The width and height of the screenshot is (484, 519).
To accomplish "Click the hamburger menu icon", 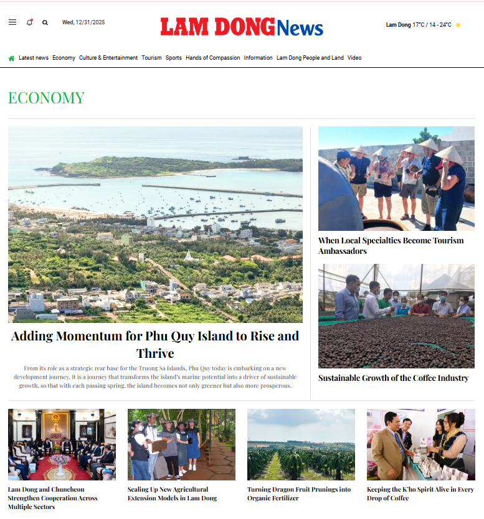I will coord(12,22).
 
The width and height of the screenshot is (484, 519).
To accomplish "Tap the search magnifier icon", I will coord(45,22).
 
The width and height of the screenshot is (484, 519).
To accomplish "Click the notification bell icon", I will coord(29,22).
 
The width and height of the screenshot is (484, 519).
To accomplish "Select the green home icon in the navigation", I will coord(11,58).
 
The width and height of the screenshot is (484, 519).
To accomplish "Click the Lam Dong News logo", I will coord(242,26).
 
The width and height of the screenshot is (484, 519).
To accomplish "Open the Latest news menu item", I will coord(34,58).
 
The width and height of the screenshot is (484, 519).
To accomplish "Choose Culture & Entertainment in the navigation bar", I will coord(108,58).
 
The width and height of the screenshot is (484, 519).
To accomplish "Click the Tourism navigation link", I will coord(151,58).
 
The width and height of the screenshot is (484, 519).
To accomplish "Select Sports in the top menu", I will coord(174,58).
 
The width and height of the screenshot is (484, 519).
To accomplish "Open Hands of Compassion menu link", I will coord(212,58).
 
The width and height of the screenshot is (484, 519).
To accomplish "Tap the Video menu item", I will coord(354,58).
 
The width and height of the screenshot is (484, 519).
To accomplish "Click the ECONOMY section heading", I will coord(46,98).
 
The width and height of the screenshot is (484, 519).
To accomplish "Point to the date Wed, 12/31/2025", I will coord(83,22).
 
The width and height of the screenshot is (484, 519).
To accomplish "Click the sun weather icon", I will coord(458,26).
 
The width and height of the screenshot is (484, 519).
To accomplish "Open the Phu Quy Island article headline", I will coord(155,344).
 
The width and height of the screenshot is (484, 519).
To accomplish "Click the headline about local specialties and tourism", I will coord(391,246).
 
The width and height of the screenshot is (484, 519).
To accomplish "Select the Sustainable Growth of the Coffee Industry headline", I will coord(393,378).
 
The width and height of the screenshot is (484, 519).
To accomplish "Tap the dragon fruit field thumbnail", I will coord(301,444).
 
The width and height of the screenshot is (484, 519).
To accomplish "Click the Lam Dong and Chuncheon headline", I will coord(53,498).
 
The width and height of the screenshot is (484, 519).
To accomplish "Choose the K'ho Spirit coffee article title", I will coord(420,493).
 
